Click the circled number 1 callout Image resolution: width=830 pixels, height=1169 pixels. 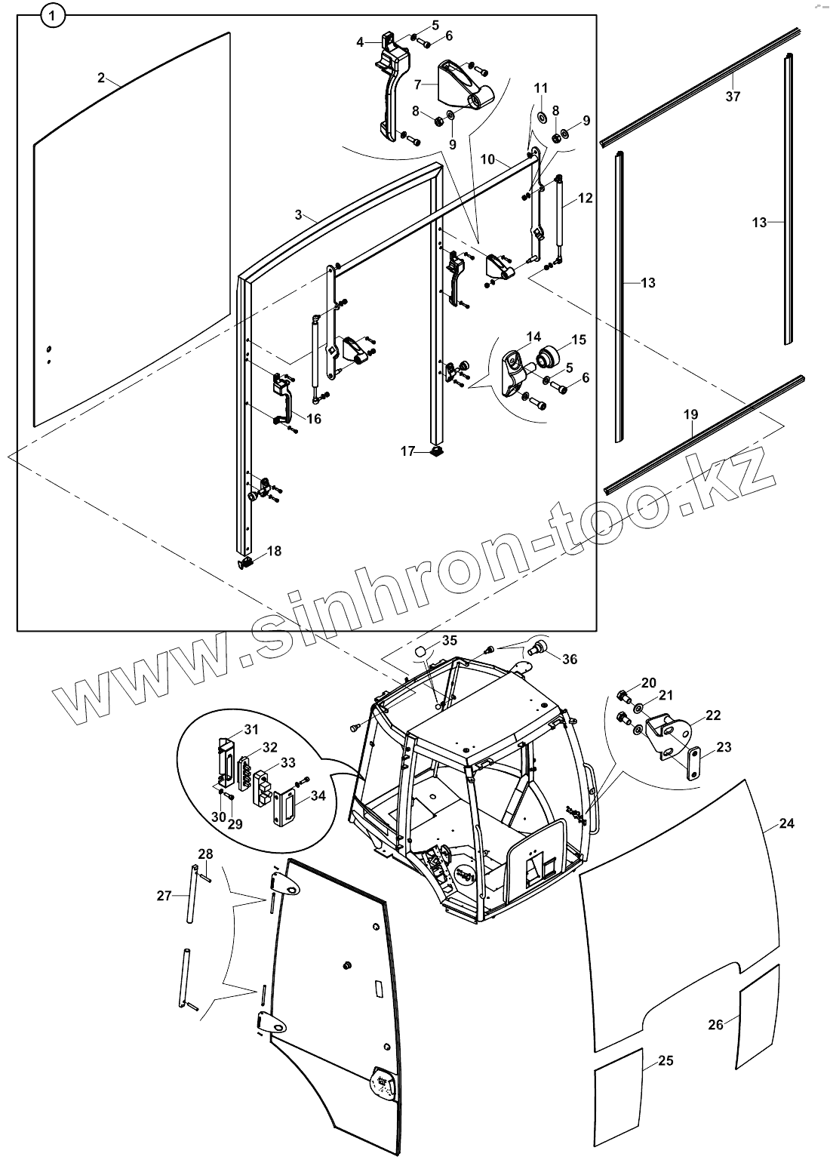52,14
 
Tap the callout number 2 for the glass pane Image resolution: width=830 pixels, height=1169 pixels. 102,78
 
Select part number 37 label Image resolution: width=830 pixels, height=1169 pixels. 733,97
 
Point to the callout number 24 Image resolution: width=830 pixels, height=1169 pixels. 786,823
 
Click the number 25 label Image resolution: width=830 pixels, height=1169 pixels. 665,1060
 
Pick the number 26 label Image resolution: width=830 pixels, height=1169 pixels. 716,1024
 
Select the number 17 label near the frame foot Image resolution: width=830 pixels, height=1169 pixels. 408,451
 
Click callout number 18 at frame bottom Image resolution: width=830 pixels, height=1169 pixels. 274,551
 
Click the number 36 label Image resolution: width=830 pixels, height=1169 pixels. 570,659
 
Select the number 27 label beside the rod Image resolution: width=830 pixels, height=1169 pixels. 164,896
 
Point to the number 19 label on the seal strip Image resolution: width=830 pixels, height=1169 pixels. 690,414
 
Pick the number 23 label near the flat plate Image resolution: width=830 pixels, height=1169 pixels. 724,748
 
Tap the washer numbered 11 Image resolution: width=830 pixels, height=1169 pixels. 542,118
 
